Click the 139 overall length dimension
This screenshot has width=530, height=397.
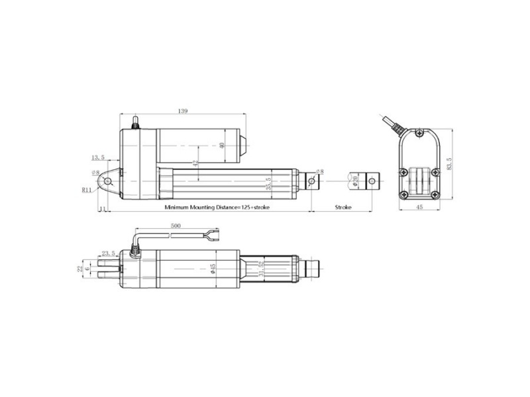click(182, 110)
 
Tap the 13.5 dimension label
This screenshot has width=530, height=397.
click(98, 157)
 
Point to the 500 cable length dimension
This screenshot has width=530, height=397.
click(176, 226)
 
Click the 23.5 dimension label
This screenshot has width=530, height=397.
click(108, 253)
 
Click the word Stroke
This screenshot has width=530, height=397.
click(343, 207)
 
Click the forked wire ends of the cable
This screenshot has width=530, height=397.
click(212, 233)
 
